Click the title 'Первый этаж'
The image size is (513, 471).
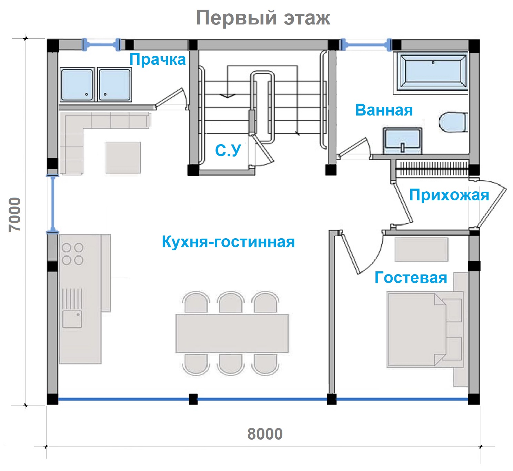point(263,18)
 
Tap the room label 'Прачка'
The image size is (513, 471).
point(158,60)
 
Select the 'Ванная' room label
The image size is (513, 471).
point(384,110)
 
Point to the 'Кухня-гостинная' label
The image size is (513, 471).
point(228,242)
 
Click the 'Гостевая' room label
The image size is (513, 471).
point(411,278)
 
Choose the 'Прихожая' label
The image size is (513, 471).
point(449,195)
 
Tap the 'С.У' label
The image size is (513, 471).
point(228,150)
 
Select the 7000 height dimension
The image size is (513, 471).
point(14,215)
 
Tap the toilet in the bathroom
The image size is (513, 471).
point(453,122)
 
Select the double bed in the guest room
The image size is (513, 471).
point(425,330)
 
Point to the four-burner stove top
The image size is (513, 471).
point(73,254)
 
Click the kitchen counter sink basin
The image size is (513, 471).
point(72,319)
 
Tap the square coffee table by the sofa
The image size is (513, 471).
point(123,158)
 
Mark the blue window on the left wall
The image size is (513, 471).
point(52,204)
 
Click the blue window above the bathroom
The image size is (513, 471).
point(366,45)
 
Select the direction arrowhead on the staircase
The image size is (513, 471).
point(227,96)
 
